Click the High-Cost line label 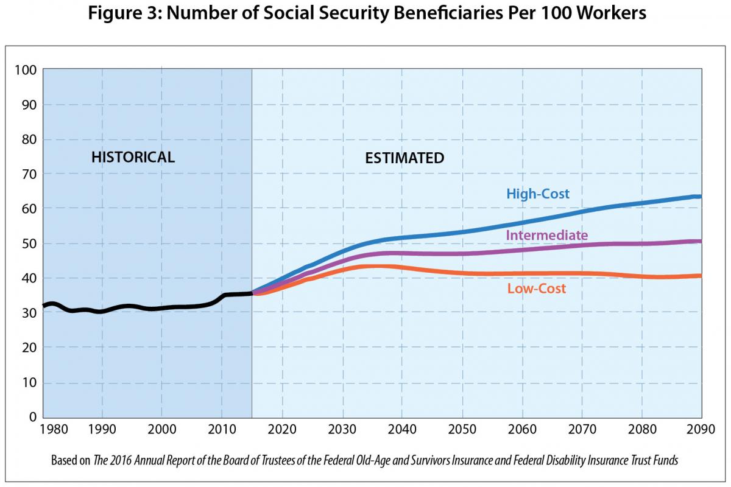coord(538,194)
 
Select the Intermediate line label coord(546,235)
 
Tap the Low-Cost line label coord(536,289)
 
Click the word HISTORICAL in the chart coord(133,158)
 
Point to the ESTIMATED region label coord(404,158)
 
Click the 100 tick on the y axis coord(25,70)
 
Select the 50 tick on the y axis coord(28,243)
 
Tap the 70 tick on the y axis coord(28,174)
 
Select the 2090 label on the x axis coord(699,429)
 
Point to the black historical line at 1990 coord(102,311)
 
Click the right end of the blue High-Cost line coord(700,197)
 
